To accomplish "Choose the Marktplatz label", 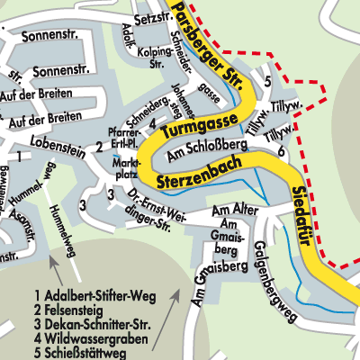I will (x=125, y=168).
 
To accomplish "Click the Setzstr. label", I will (x=152, y=17).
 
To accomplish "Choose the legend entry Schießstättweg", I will (x=85, y=353).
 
